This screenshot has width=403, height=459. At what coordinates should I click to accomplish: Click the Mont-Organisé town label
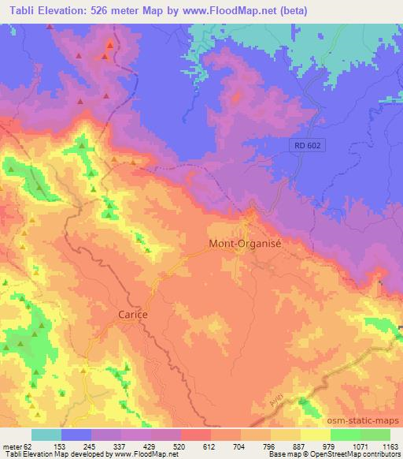(x=245, y=244)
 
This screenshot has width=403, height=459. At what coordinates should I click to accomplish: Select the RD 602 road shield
(x=303, y=145)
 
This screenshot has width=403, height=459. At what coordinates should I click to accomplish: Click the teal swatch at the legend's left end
(x=46, y=435)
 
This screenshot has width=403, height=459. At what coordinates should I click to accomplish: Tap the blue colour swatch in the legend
(x=76, y=435)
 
